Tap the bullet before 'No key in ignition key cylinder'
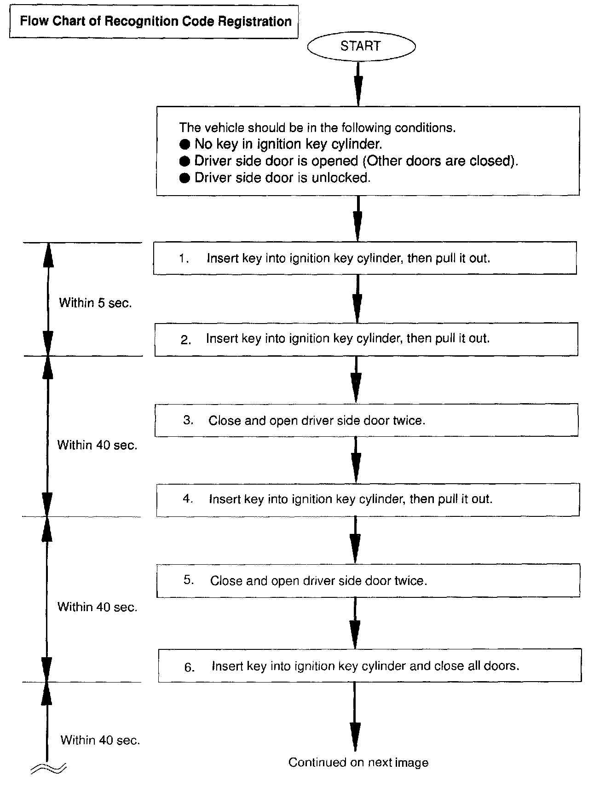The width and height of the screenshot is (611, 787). point(184,145)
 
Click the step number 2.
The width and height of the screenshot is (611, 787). point(185,340)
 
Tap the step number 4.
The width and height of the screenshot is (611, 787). point(188,499)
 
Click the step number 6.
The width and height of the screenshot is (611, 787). point(189,667)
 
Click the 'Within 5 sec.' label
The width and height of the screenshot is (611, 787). point(95,303)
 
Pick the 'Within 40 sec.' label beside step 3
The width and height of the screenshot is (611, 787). point(97,445)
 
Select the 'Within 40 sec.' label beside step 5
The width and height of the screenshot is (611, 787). point(97,607)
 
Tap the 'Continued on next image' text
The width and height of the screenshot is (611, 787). point(358,763)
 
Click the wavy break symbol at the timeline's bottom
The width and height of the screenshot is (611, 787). point(48,768)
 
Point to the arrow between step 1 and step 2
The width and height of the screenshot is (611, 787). point(357,299)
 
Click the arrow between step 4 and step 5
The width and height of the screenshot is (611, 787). point(355,540)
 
